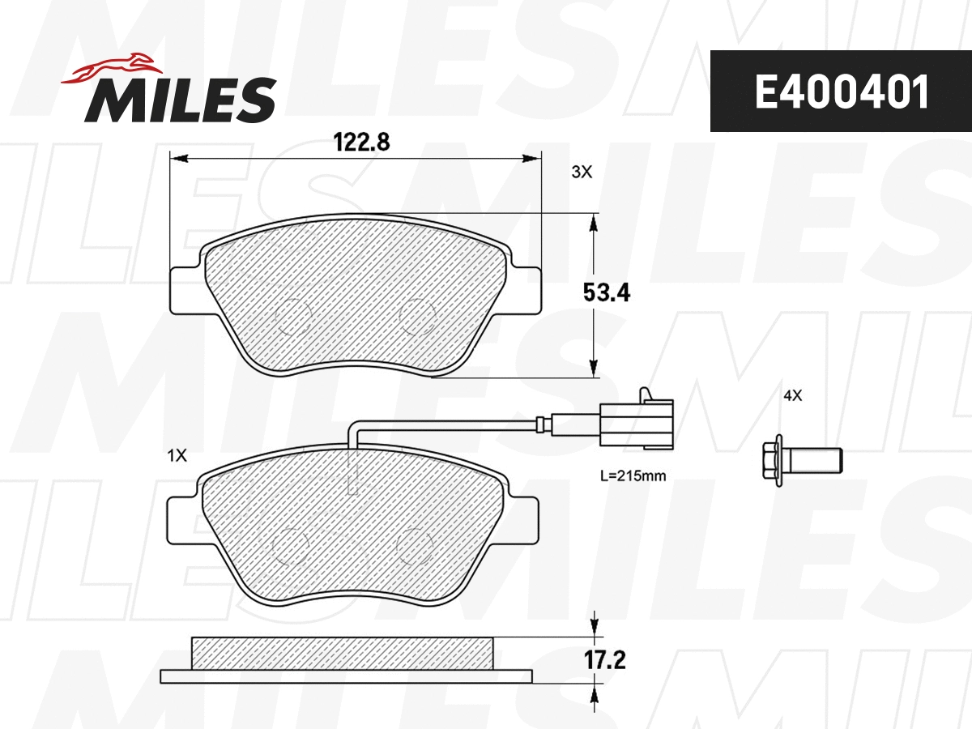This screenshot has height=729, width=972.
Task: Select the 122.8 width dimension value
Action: (362, 143)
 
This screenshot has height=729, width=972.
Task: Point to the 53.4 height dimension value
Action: (606, 292)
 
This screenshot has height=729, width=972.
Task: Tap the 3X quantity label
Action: (582, 172)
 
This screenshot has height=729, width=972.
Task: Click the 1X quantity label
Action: (177, 456)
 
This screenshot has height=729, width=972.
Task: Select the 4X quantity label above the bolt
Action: (791, 396)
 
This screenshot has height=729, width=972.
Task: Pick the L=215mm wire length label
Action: (633, 476)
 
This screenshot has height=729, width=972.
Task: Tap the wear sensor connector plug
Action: (640, 420)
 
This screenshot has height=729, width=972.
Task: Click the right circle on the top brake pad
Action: (419, 315)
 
